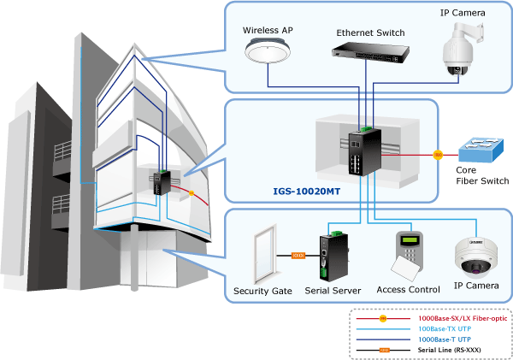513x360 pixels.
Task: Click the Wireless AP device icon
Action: (x=268, y=51)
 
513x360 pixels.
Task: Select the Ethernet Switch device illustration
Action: (x=370, y=52)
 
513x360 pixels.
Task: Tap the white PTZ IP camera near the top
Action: (x=462, y=49)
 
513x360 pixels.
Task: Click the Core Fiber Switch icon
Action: (x=481, y=150)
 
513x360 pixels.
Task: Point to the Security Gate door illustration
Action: (x=265, y=255)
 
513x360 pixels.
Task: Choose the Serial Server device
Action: (x=333, y=257)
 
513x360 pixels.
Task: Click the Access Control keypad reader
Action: (x=408, y=256)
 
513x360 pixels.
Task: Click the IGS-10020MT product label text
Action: (x=307, y=192)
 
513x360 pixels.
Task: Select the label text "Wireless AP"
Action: (x=268, y=31)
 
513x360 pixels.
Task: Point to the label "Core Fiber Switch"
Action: (x=482, y=175)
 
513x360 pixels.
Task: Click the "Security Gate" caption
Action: (x=262, y=291)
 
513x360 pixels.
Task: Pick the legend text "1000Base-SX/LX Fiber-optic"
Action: (x=463, y=318)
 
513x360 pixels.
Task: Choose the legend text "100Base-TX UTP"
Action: (x=445, y=328)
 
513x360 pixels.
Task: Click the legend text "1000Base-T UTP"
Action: (x=445, y=339)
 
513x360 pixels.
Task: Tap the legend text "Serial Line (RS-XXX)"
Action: (x=449, y=350)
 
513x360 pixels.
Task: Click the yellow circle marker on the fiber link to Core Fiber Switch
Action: (x=438, y=155)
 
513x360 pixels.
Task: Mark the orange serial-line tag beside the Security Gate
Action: (x=298, y=256)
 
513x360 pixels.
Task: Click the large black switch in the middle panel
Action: (x=365, y=150)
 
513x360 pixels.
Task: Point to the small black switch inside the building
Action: (x=162, y=182)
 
